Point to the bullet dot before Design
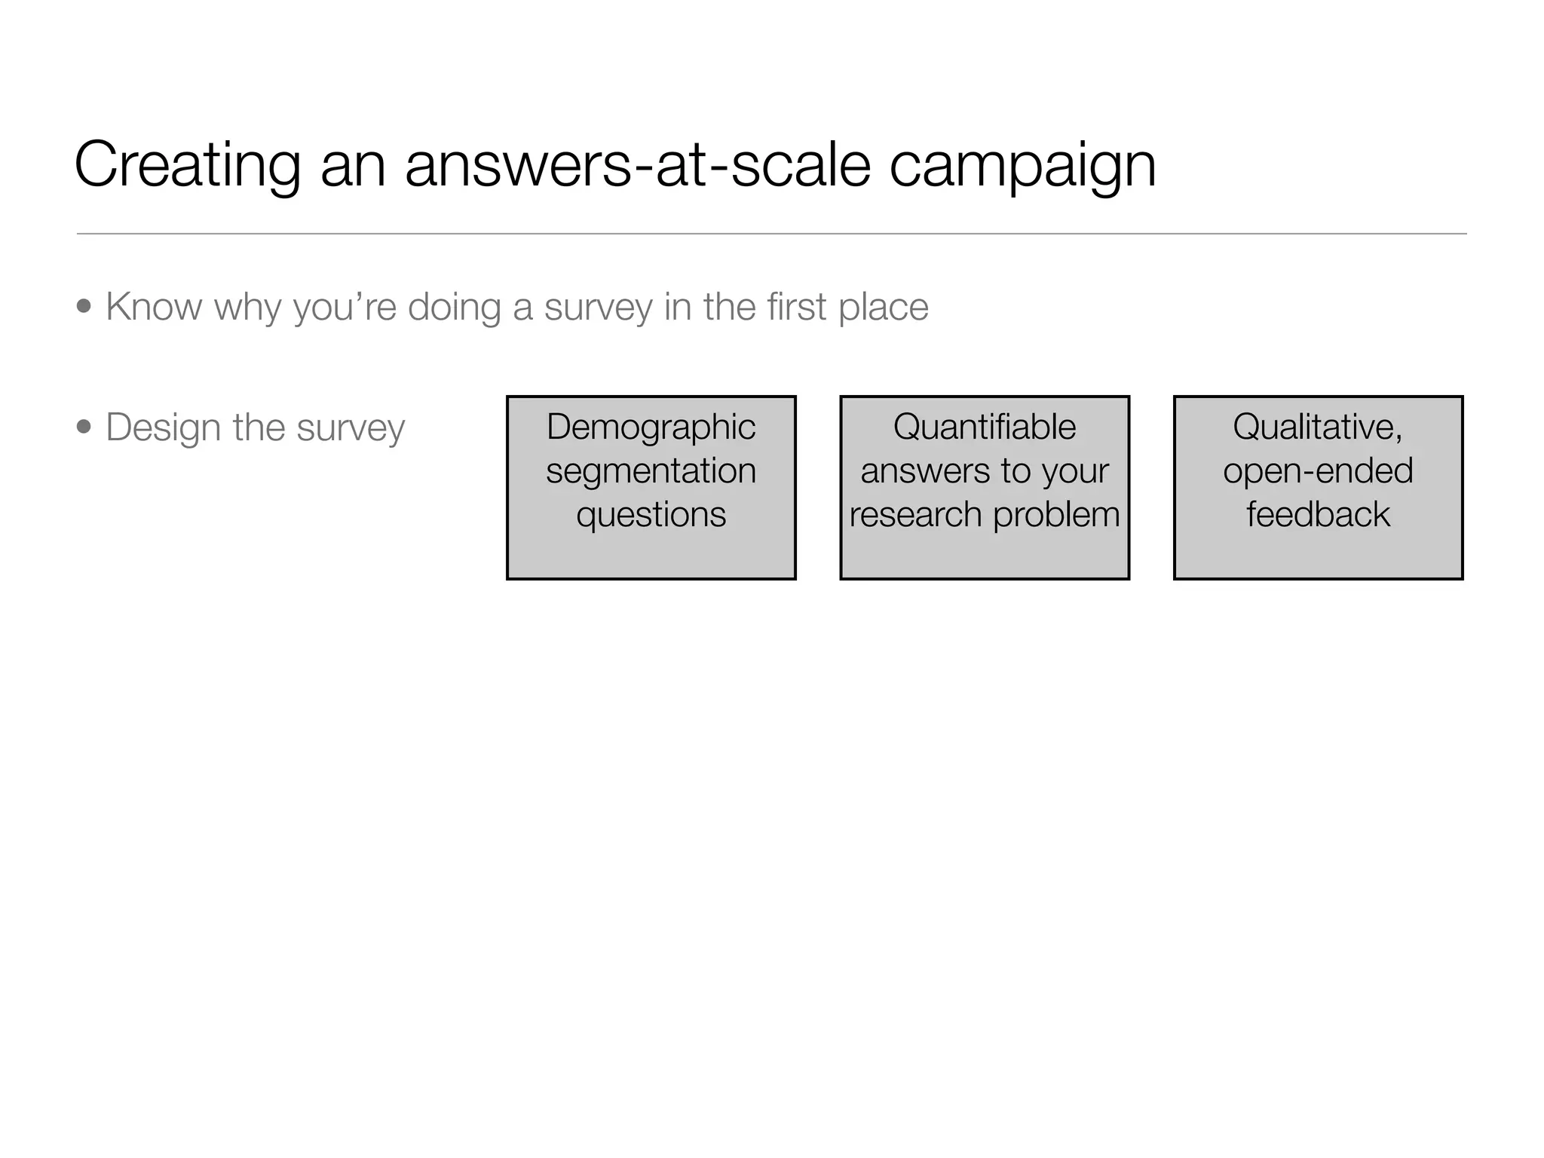84,427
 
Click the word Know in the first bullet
155,307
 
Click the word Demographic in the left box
651,427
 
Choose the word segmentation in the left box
651,471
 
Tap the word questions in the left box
651,515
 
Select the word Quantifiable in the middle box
985,427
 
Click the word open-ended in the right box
1318,471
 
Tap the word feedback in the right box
1318,515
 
